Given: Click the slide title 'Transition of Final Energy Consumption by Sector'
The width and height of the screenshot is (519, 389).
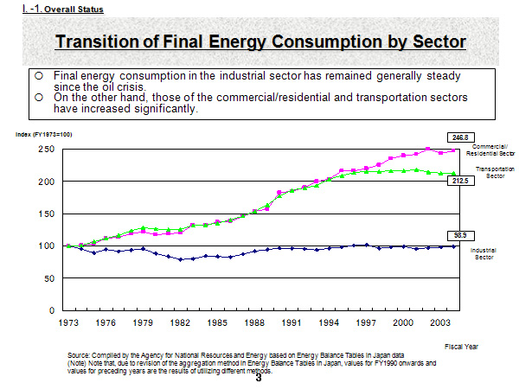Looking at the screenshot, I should (x=260, y=41).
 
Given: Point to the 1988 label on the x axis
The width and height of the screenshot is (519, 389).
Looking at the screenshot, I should (x=254, y=322).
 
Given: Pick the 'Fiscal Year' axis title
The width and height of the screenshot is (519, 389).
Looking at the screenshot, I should (x=460, y=346).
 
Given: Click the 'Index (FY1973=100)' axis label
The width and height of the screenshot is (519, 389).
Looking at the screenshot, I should (x=43, y=135).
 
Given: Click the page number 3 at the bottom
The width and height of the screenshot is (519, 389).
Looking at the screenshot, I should (x=258, y=377).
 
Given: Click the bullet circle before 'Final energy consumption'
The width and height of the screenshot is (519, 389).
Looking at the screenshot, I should (x=39, y=76).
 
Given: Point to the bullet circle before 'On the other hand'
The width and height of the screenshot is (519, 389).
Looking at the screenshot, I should (x=39, y=98).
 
